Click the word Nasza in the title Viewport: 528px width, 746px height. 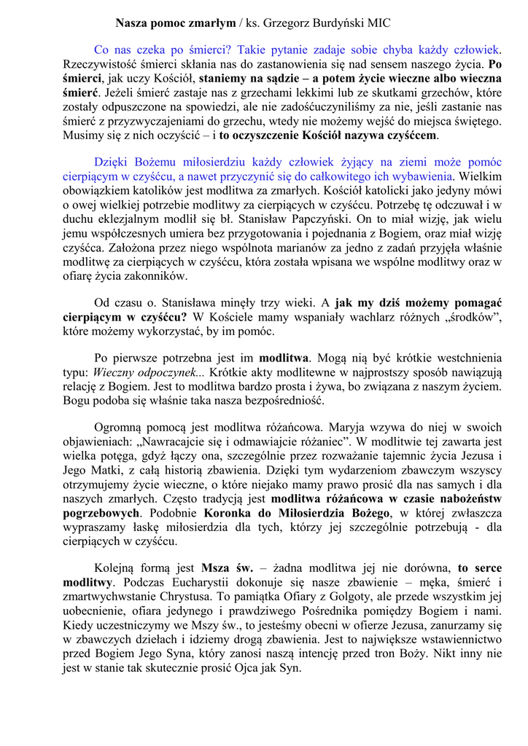click(x=132, y=23)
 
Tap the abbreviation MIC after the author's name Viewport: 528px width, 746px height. click(x=378, y=23)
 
